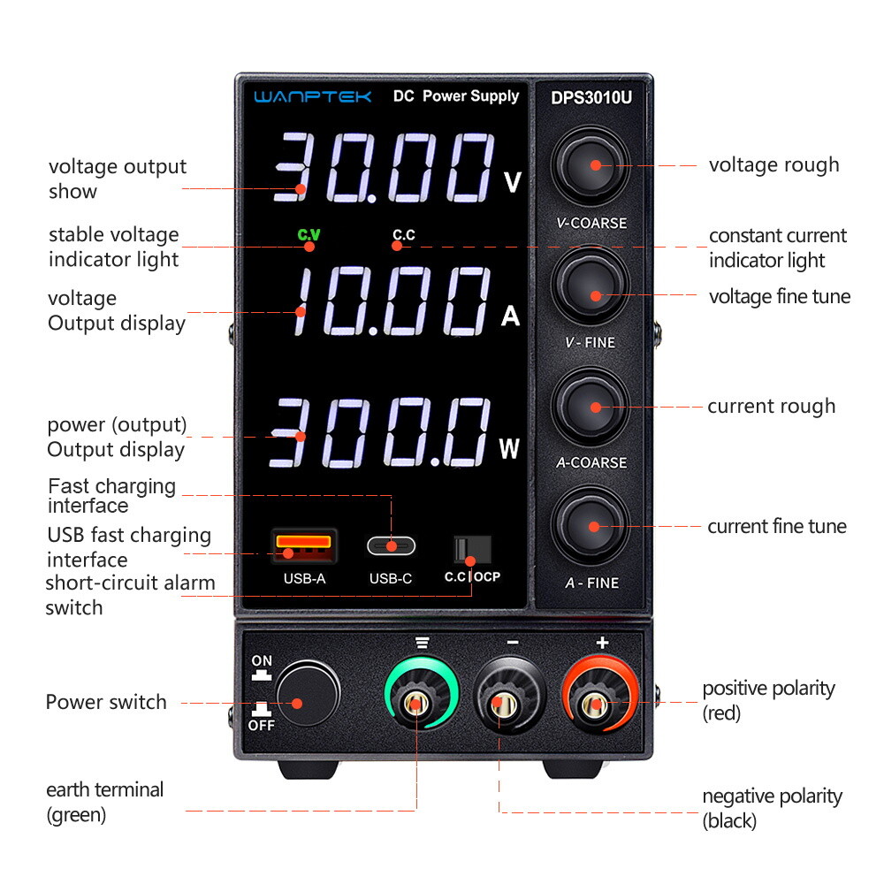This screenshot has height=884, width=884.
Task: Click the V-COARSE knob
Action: (x=591, y=165)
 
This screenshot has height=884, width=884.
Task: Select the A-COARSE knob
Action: (x=591, y=407)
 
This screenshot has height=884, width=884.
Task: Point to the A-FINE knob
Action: (x=591, y=526)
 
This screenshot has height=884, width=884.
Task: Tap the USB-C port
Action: (x=391, y=545)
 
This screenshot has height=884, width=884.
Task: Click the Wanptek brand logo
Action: (x=313, y=96)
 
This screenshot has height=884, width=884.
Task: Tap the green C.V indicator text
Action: (x=309, y=234)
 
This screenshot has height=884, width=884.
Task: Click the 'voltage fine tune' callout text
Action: (x=779, y=297)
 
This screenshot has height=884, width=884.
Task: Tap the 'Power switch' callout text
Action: (x=106, y=703)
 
